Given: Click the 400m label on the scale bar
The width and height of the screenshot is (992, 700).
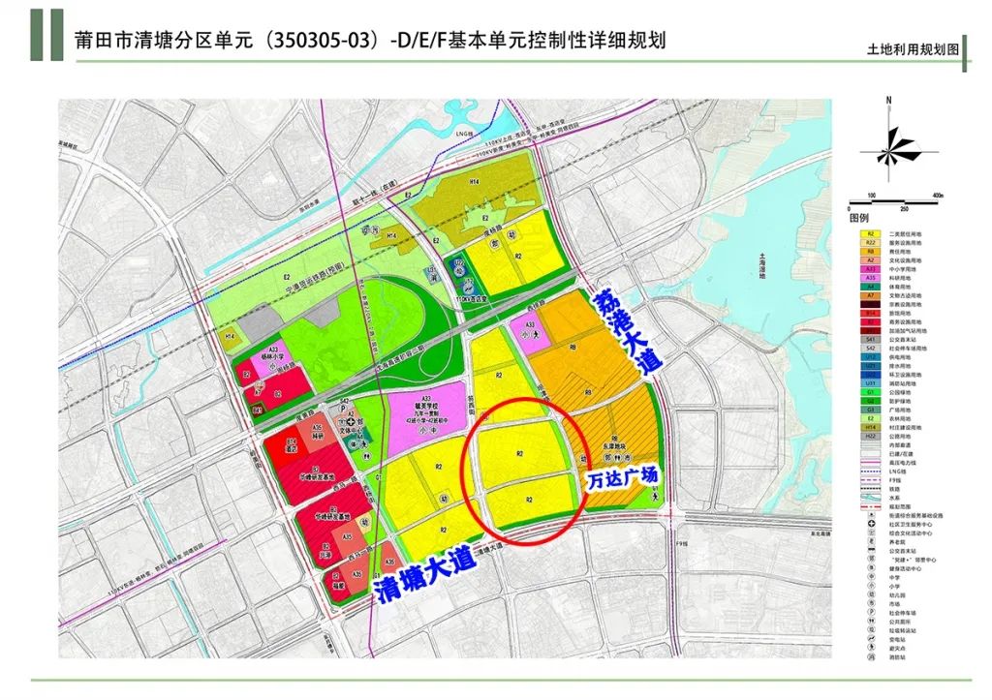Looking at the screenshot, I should [x=937, y=197].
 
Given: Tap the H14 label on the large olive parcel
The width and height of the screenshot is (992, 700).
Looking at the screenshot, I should [x=475, y=182].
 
